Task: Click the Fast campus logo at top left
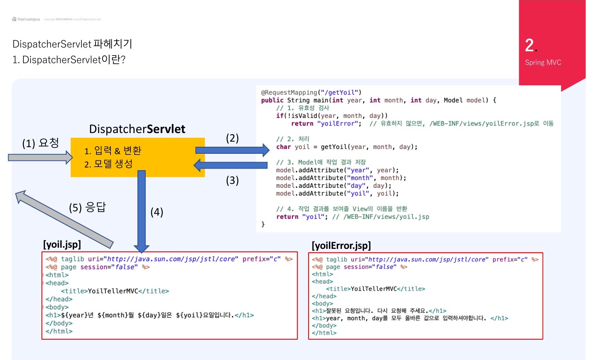point(26,19)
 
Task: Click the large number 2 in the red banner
point(530,45)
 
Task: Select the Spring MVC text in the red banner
point(543,63)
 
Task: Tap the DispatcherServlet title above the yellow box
point(137,129)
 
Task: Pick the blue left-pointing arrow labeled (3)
point(231,165)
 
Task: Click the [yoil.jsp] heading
point(62,245)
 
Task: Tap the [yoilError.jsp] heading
point(341,246)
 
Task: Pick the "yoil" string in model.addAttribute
point(358,194)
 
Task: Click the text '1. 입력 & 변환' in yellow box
point(113,151)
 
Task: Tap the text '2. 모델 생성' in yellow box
point(108,164)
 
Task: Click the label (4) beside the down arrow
point(157,212)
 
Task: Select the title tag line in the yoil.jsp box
point(115,291)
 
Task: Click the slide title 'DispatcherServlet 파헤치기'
point(72,44)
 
